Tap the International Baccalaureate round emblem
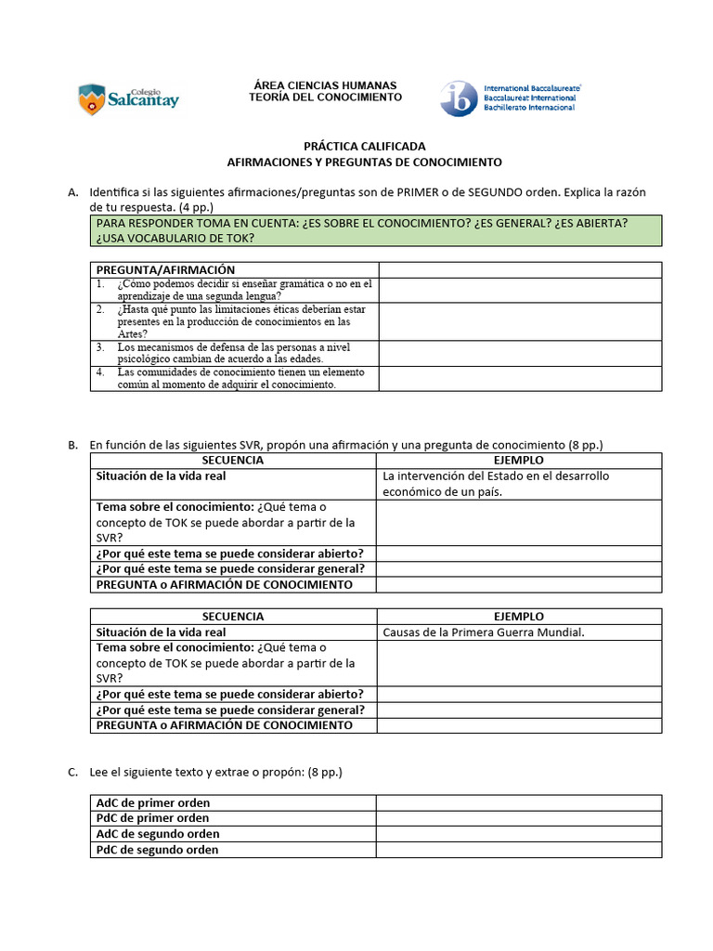pos(459,98)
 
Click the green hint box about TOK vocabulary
pos(376,230)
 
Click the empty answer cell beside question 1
pos(520,290)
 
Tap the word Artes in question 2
pos(130,334)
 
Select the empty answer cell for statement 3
pos(520,353)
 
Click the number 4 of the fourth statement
pos(99,372)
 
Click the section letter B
pos(72,445)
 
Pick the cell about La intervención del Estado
pos(520,484)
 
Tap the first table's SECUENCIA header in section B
pos(232,461)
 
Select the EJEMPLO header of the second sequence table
pos(520,617)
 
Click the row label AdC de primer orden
pos(154,802)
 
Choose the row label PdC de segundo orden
pos(158,850)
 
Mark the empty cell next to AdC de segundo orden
pos(518,834)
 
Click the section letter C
pos(72,772)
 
